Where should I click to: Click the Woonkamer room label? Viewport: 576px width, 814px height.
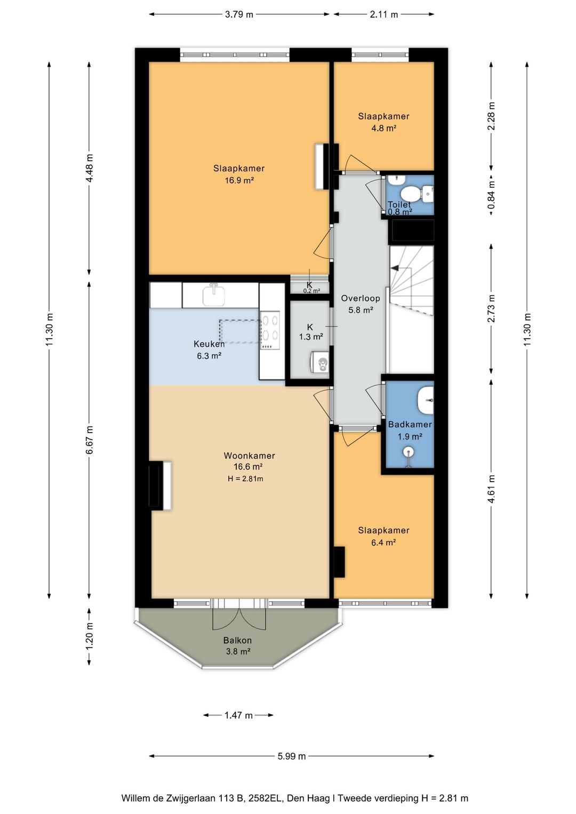pos(249,456)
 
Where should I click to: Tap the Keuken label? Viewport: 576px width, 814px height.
pos(209,344)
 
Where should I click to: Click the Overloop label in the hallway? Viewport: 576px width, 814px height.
pos(361,298)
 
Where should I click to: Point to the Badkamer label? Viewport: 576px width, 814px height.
pos(410,424)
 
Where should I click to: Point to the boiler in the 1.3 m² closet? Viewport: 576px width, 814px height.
pos(319,362)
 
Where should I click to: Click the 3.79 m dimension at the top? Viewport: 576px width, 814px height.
pos(239,14)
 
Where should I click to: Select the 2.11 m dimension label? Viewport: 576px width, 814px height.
pos(384,14)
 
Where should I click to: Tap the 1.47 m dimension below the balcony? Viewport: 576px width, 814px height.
pos(238,715)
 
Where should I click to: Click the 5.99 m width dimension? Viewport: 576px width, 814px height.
pos(292,756)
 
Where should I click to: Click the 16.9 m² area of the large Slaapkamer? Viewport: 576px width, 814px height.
pos(239,180)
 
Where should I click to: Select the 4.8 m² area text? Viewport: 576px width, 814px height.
pos(384,128)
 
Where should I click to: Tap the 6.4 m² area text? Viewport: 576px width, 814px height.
pos(383,542)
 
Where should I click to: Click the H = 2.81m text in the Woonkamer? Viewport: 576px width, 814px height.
pos(245,478)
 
